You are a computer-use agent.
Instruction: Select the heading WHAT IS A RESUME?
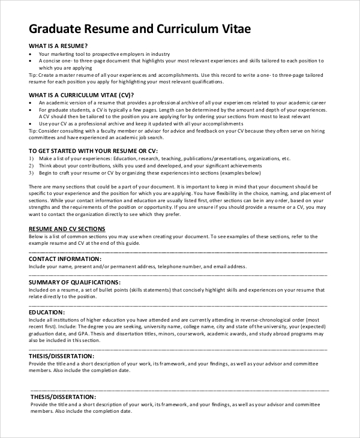pyautogui.click(x=58, y=46)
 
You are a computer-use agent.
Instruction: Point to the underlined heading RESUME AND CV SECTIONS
pyautogui.click(x=67, y=229)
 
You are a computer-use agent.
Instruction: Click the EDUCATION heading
pyautogui.click(x=46, y=312)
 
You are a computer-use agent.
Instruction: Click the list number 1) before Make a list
pyautogui.click(x=31, y=158)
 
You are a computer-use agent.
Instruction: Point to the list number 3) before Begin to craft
pyautogui.click(x=31, y=173)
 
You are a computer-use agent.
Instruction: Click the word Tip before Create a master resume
pyautogui.click(x=32, y=74)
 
